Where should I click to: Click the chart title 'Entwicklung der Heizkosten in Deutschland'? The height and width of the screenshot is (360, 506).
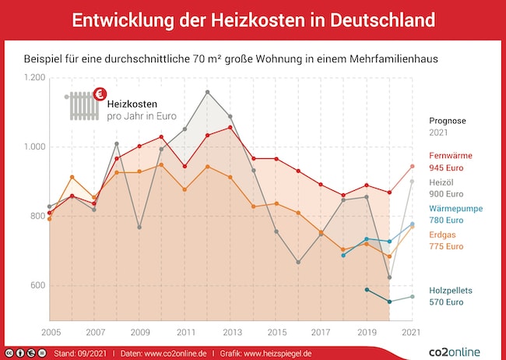click(253, 20)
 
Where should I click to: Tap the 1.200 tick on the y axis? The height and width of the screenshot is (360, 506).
click(35, 78)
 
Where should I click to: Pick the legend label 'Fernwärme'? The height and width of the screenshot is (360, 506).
click(450, 156)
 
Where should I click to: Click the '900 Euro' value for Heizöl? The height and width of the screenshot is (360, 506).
click(447, 194)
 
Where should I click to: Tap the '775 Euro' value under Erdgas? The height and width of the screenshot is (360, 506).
click(447, 246)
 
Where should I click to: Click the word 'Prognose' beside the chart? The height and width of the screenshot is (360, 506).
click(448, 120)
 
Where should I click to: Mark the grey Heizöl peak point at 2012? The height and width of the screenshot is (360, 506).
click(207, 92)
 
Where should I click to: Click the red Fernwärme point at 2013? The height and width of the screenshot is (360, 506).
click(230, 127)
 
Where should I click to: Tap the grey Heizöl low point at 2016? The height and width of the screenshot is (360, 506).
click(298, 262)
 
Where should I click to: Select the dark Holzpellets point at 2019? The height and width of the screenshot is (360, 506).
click(367, 290)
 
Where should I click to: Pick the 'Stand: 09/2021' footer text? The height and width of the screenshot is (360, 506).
click(81, 353)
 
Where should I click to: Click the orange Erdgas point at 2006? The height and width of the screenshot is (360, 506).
click(72, 177)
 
